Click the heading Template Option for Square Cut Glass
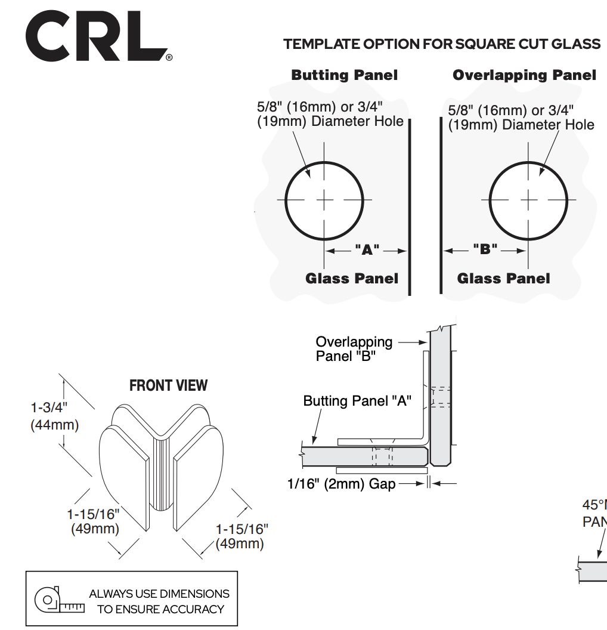442,44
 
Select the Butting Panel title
344,76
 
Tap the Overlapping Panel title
524,76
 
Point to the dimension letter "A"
367,251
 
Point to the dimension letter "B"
485,249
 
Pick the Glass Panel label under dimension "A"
352,279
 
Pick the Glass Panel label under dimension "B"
503,279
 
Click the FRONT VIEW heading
169,385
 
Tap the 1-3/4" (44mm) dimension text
54,416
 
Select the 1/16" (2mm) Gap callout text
341,484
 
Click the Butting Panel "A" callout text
357,401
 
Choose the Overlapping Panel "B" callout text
354,349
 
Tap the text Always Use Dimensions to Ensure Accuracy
160,601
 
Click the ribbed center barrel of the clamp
161,474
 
